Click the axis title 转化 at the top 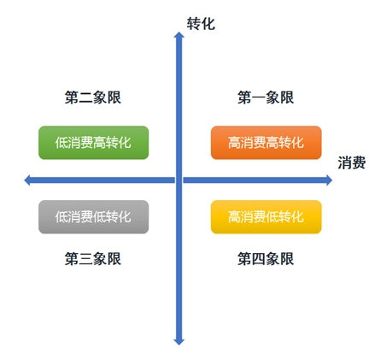tap(201, 23)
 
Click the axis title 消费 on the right tap(352, 162)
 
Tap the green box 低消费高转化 tap(94, 143)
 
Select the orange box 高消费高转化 tap(266, 143)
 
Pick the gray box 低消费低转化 tap(94, 217)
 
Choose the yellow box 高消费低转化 tap(266, 217)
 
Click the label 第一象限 tap(266, 97)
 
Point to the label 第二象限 tap(93, 97)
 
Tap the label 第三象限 tap(93, 258)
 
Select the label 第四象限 tap(266, 258)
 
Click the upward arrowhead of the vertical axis tap(179, 35)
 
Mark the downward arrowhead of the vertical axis tap(179, 342)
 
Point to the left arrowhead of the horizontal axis tap(27, 180)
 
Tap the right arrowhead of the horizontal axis tap(329, 180)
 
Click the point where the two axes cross tap(179, 180)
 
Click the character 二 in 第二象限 tap(85, 97)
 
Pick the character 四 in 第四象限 tap(259, 259)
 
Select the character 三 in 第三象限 tap(85, 259)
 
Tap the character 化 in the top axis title tap(208, 23)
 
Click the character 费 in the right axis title tap(359, 162)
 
